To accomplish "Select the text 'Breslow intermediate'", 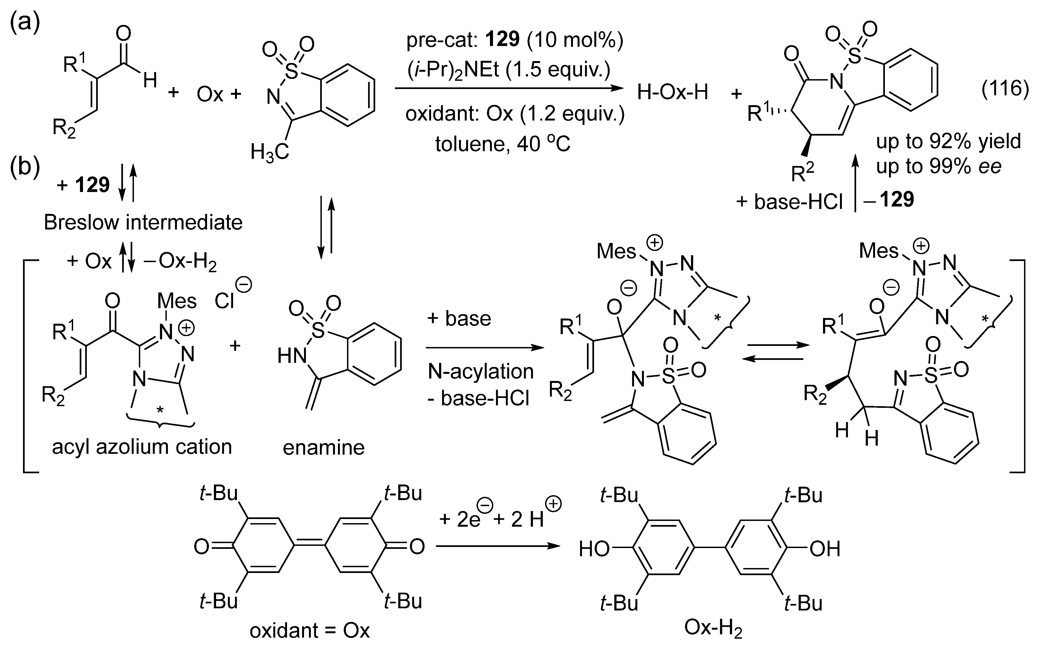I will tap(143, 222).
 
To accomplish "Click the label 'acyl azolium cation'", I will tap(142, 447).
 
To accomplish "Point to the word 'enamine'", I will tap(323, 448).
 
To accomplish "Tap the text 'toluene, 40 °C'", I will tap(503, 144).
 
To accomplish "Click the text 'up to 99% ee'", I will tap(939, 166).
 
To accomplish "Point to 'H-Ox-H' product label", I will tap(672, 92).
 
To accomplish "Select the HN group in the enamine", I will tap(292, 355).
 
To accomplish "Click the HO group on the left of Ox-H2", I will tap(594, 549).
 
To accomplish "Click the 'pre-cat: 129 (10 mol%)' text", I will tap(514, 40).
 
